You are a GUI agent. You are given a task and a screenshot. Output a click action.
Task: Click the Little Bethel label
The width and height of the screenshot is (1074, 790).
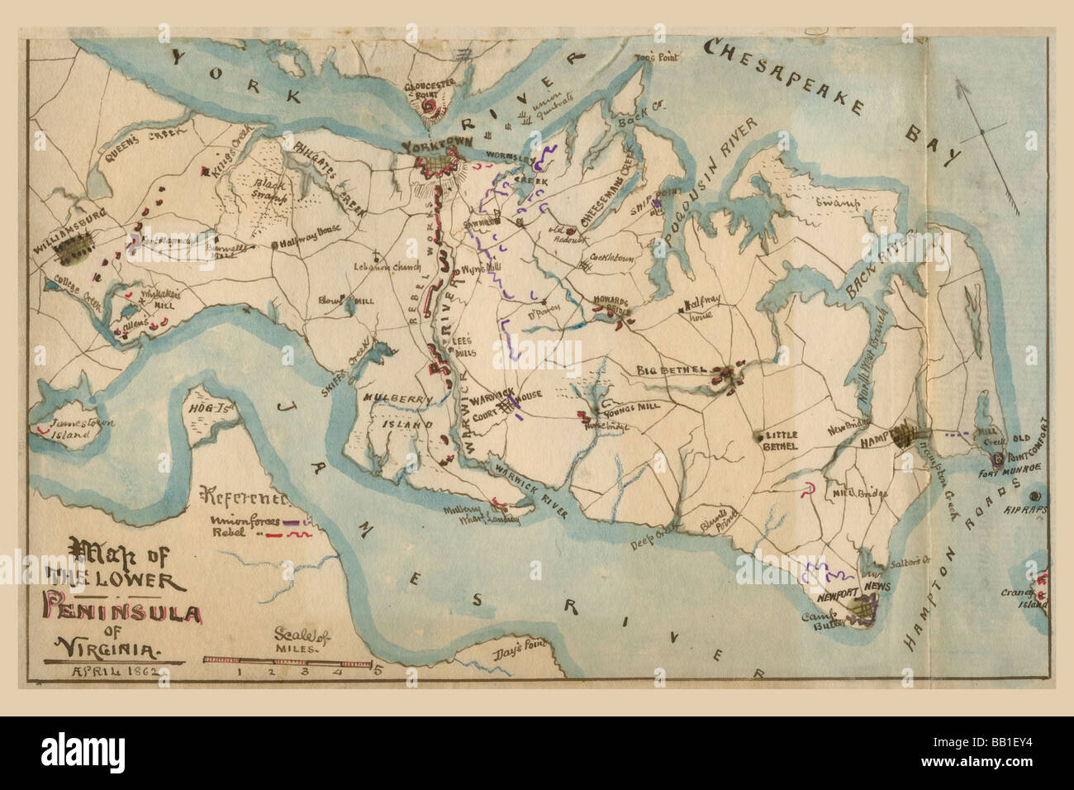tap(781, 440)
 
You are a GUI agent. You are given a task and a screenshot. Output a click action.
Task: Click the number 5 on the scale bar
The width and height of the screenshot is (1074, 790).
tap(378, 671)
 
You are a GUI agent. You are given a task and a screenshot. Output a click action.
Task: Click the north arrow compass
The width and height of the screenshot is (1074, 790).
tap(981, 132)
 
